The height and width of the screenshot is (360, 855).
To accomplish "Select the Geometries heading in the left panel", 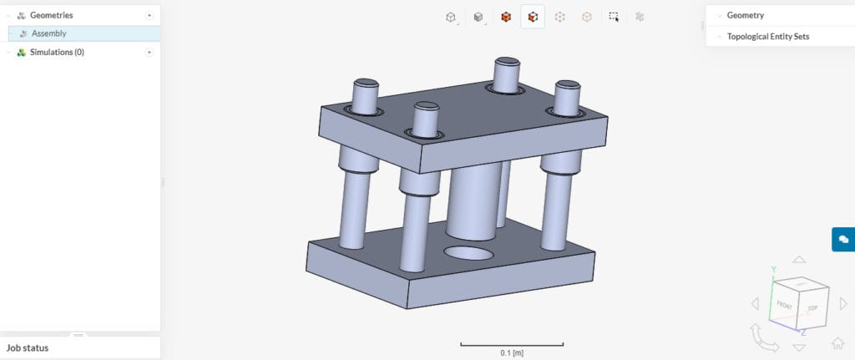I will pyautogui.click(x=51, y=15).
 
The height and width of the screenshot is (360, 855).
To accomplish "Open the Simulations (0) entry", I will pyautogui.click(x=56, y=52).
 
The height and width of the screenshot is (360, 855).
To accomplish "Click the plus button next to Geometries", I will pyautogui.click(x=149, y=15).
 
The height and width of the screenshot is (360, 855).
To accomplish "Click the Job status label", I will pyautogui.click(x=28, y=347).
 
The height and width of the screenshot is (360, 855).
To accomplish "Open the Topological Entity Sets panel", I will pyautogui.click(x=767, y=37).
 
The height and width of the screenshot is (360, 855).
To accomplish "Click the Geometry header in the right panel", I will pyautogui.click(x=745, y=15).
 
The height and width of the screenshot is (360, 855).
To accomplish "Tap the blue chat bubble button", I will pyautogui.click(x=843, y=239).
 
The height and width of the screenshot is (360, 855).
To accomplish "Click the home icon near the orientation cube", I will pyautogui.click(x=837, y=342).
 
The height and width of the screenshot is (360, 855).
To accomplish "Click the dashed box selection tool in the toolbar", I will pyautogui.click(x=614, y=17).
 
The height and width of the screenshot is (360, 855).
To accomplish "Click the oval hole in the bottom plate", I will pyautogui.click(x=468, y=252).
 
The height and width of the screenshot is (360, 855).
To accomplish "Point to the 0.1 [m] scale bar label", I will pyautogui.click(x=512, y=353).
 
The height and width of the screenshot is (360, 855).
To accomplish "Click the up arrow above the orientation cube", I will pyautogui.click(x=799, y=261).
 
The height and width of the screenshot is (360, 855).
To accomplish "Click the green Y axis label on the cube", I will pyautogui.click(x=774, y=270).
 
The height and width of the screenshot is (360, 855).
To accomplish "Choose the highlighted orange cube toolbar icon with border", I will pyautogui.click(x=533, y=17).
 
